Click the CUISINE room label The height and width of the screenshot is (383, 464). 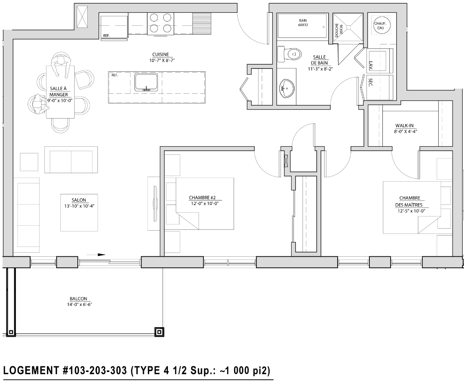point(160,55)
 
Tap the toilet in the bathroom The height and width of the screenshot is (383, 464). point(289,54)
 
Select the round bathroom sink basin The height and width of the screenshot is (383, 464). point(287,88)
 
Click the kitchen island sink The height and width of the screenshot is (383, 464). point(146,82)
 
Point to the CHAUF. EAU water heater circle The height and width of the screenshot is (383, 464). point(380,25)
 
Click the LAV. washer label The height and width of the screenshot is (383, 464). point(371,65)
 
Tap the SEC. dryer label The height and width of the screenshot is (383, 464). point(370,82)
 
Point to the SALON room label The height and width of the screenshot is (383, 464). point(79,200)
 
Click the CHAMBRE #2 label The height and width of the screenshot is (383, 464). point(202,198)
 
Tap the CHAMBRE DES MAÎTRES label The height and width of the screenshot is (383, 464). point(409,201)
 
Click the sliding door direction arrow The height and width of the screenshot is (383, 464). point(96,254)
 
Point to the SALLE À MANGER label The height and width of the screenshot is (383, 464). point(59,91)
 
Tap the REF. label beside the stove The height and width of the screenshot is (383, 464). point(106,36)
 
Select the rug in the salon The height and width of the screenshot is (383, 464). point(79,212)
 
